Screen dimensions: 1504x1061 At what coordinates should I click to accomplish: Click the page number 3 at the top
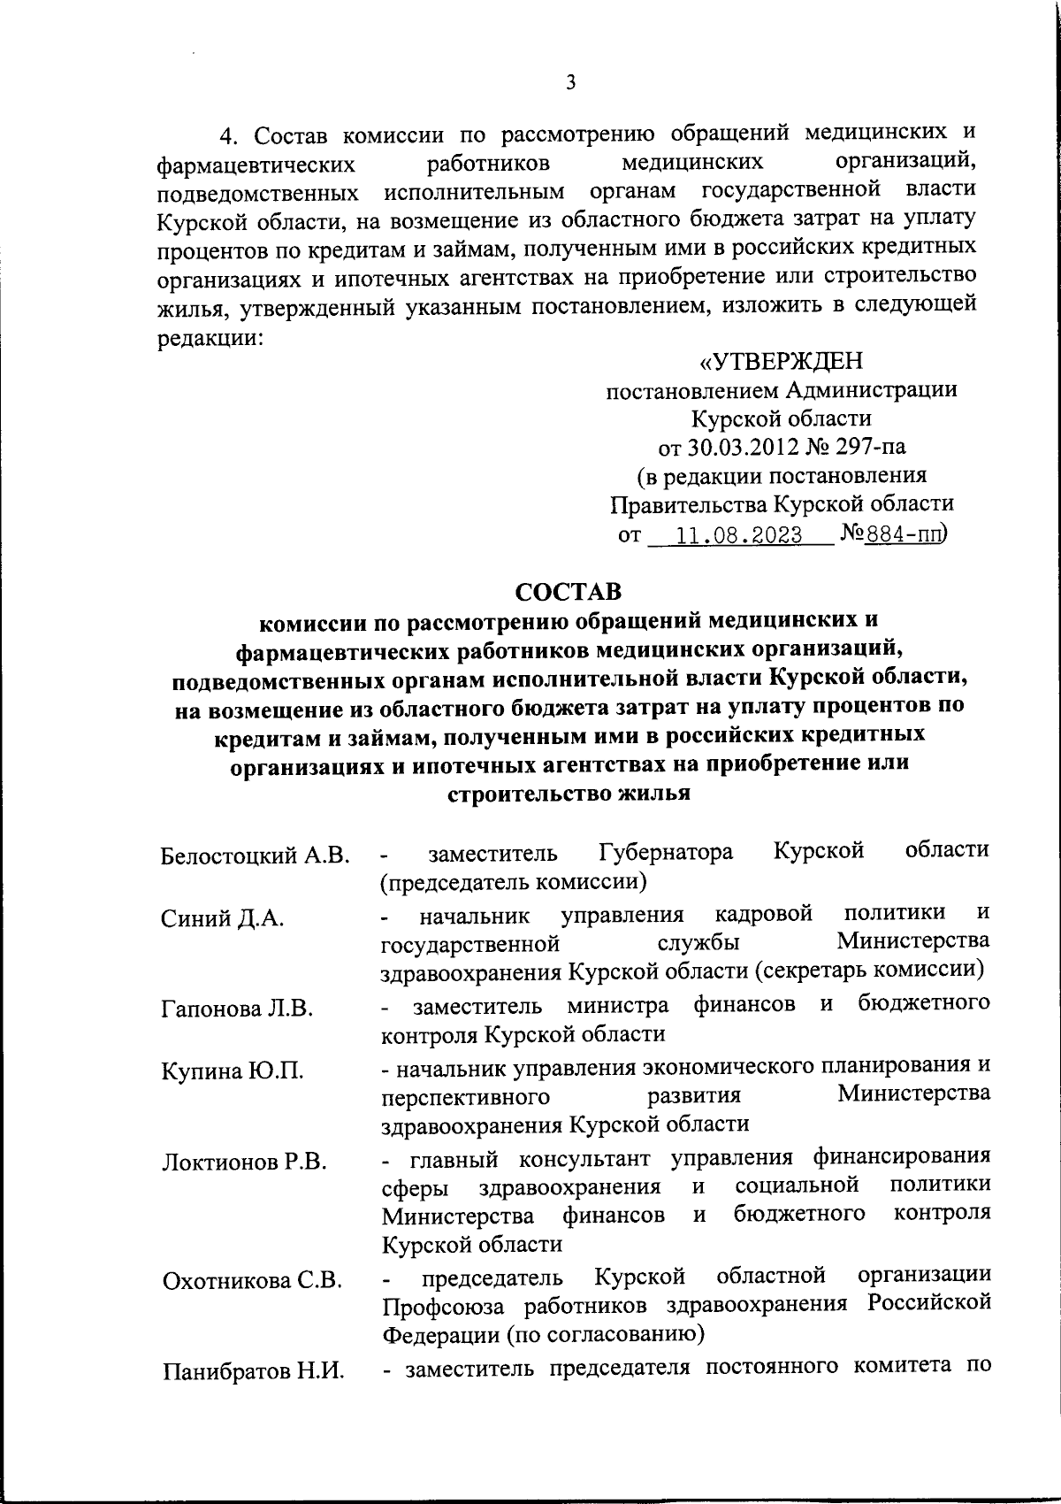[570, 82]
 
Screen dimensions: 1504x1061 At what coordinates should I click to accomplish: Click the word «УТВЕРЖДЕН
[781, 362]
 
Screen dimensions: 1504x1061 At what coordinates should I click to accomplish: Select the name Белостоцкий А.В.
[256, 856]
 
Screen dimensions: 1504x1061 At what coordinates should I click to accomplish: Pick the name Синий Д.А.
[222, 918]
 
